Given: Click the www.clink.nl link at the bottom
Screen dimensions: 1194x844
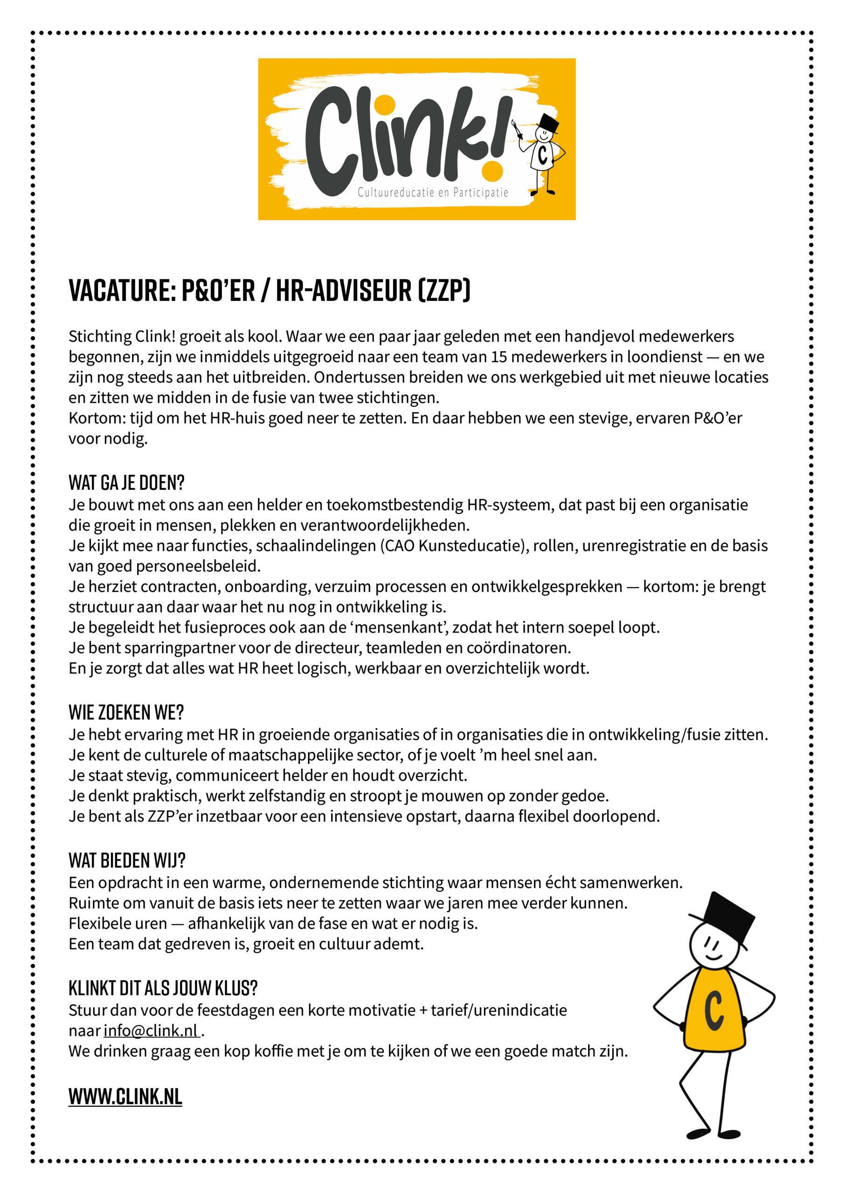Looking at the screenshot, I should click(x=125, y=1096).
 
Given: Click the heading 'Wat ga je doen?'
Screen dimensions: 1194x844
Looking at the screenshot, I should click(x=126, y=483).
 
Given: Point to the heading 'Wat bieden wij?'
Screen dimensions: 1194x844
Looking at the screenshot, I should click(x=127, y=861).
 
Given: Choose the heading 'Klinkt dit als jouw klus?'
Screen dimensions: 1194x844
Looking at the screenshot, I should click(x=163, y=987).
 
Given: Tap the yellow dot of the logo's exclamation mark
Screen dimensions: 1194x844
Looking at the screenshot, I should click(x=491, y=170).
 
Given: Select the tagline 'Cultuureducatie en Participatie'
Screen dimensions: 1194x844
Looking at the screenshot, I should click(x=433, y=193).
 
